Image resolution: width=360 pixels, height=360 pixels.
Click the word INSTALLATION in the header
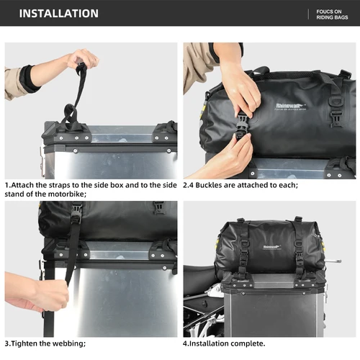pyautogui.click(x=59, y=14)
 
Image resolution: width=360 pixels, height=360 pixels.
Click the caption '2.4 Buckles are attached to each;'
pyautogui.click(x=240, y=185)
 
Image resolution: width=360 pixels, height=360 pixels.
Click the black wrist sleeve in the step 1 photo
pyautogui.click(x=30, y=78)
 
